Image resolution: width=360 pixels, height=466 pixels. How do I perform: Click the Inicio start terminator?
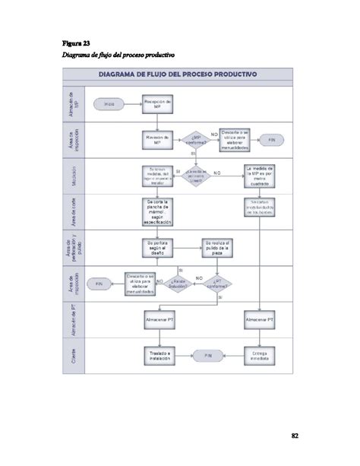[x=109, y=103]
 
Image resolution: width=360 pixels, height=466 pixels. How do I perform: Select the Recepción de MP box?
[x=157, y=103]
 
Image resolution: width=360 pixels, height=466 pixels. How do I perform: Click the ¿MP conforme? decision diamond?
[x=194, y=140]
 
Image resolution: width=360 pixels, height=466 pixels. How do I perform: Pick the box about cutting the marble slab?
[x=157, y=211]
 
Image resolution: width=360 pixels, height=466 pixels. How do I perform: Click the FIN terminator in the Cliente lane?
[x=207, y=355]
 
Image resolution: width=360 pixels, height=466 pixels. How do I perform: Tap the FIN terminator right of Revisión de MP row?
[x=271, y=140]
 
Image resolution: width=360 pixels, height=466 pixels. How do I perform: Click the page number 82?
[x=295, y=436]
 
